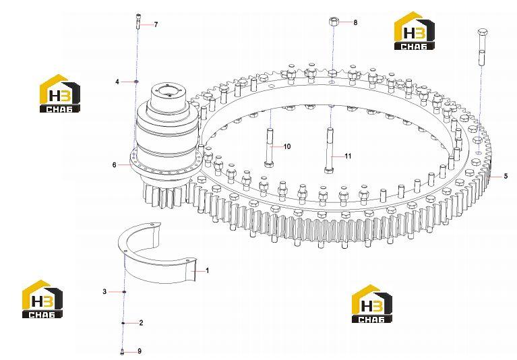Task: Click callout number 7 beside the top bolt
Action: (156, 24)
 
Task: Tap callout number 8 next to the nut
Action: (355, 22)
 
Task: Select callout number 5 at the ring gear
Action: (506, 177)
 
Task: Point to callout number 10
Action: (287, 146)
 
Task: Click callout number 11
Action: (348, 156)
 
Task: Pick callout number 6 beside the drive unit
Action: (115, 164)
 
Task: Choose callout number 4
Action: (117, 82)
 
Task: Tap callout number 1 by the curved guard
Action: (208, 270)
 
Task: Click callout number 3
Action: (104, 291)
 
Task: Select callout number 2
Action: (141, 323)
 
